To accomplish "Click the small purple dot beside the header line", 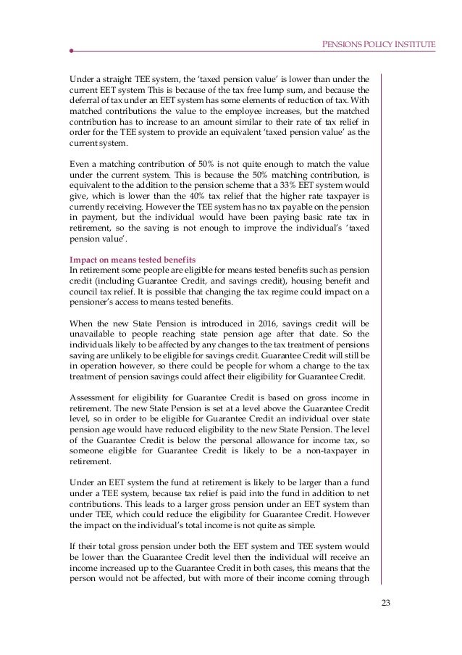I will coord(72,52).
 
